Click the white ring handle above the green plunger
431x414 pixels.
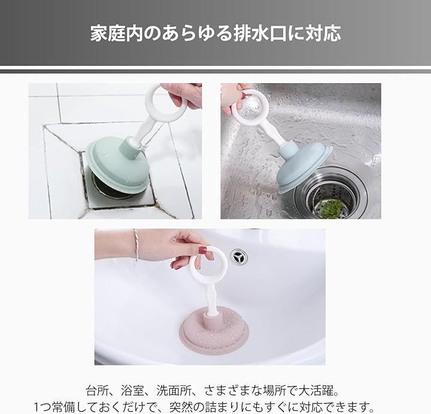point(162,102)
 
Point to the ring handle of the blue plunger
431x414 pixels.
point(251,106)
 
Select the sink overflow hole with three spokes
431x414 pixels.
point(239,257)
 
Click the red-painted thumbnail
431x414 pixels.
point(202,250)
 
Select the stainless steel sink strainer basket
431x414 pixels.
point(331,194)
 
